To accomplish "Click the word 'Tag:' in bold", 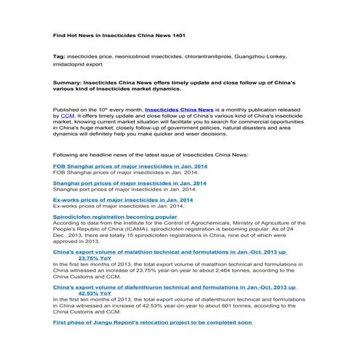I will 60,56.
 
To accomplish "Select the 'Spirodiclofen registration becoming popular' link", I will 115,216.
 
